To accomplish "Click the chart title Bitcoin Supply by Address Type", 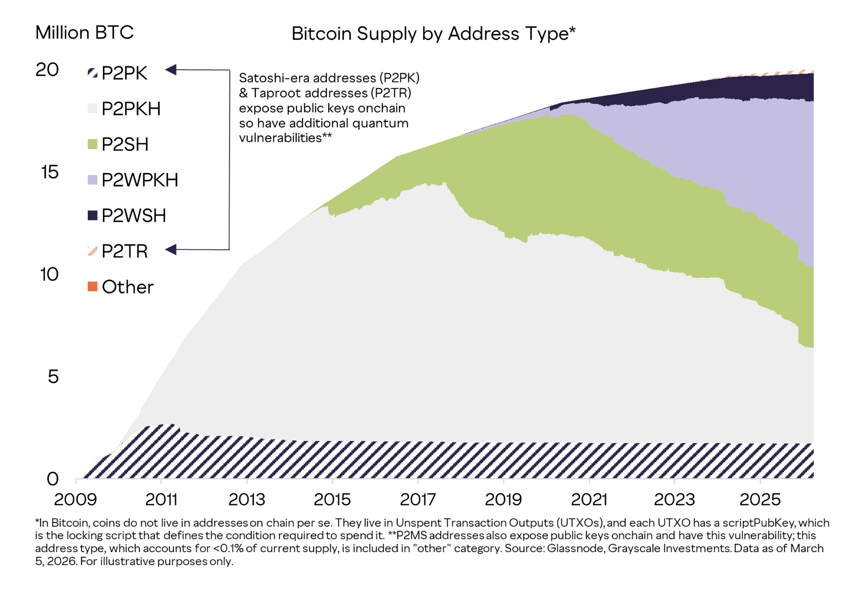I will tap(433, 34).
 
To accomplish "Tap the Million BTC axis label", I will tap(85, 33).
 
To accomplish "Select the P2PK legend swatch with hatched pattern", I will tap(92, 73).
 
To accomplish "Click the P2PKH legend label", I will tap(131, 109).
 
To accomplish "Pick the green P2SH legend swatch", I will tap(92, 144).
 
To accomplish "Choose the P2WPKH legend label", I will tap(140, 180).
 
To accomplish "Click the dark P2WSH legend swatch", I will tap(92, 215).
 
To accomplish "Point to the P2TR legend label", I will tap(125, 251).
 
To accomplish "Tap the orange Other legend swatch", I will tap(92, 286).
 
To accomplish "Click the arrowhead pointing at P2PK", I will tap(171, 70).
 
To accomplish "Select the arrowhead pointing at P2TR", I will tap(171, 250).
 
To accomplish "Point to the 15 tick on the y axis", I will tap(50, 172).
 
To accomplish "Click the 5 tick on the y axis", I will tap(53, 377).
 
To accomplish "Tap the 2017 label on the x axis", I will tap(417, 500).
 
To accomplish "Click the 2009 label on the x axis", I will tap(75, 500).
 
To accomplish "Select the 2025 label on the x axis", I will tap(760, 500).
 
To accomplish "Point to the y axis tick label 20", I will tap(47, 70).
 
